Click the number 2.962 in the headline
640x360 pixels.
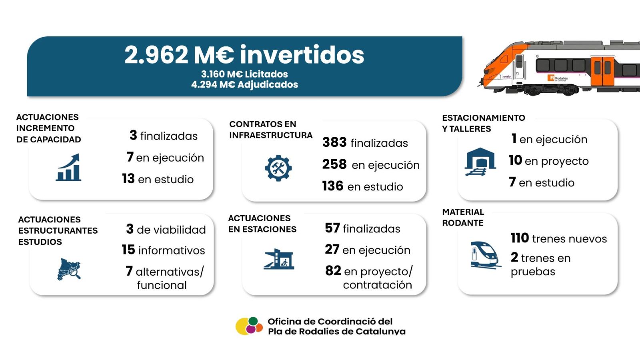[x=156, y=55]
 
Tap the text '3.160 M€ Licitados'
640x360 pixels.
[x=244, y=74]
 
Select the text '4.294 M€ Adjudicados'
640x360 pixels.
[x=244, y=84]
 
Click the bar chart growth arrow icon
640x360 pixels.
[x=68, y=168]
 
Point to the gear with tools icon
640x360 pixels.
[x=278, y=168]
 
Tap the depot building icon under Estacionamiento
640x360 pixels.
[x=480, y=162]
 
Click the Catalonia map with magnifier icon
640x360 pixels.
[x=69, y=270]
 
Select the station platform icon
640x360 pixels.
[x=279, y=259]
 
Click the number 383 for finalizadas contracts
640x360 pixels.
[x=334, y=142]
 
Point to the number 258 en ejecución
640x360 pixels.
[x=334, y=164]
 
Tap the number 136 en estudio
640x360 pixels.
[x=332, y=186]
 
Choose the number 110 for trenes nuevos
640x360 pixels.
[x=520, y=238]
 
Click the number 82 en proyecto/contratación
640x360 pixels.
[x=333, y=270]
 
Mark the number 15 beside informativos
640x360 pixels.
[x=128, y=250]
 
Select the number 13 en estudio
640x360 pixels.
[x=128, y=178]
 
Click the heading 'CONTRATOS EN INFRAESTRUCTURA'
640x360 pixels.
[x=271, y=130]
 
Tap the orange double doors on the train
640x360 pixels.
[x=602, y=71]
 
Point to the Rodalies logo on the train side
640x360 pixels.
[x=557, y=78]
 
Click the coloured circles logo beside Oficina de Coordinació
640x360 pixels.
[x=249, y=326]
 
